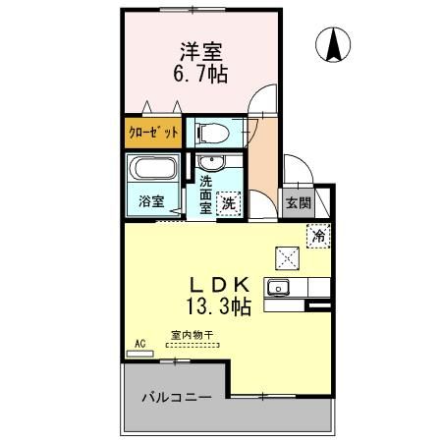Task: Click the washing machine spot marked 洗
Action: point(229,203)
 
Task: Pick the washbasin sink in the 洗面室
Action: point(207,164)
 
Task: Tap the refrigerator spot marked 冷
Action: point(318,236)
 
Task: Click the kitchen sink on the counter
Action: point(278,288)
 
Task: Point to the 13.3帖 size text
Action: point(221,307)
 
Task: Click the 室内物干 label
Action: point(191,335)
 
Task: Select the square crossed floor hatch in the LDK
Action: point(288,257)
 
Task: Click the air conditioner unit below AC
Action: point(140,352)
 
